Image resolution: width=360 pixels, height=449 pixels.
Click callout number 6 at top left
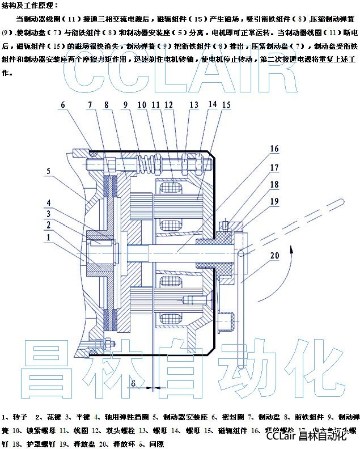63,105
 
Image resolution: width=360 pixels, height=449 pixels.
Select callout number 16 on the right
274,149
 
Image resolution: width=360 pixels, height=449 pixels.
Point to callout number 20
275,256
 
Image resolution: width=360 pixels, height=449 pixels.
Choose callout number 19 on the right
275,201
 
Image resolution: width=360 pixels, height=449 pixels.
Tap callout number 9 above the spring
125,105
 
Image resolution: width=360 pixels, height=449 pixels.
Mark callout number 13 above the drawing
194,105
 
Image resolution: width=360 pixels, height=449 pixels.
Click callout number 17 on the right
274,168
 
